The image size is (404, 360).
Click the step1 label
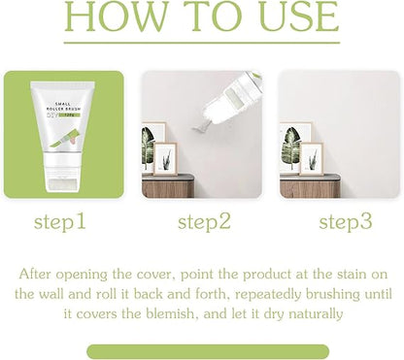point(60,222)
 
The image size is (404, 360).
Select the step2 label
point(204,222)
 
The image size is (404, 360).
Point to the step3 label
point(346,222)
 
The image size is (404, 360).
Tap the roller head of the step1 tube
point(62,183)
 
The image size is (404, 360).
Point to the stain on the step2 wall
point(201,129)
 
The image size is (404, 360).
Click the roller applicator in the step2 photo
point(232,100)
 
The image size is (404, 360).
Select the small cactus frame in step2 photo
point(165,159)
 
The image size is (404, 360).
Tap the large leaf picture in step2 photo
point(152,147)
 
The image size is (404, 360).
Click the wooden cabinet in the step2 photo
point(168,186)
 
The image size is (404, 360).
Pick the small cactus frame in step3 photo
point(312,159)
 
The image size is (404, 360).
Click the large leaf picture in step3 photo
point(294,147)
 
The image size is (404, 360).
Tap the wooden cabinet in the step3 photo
point(310,186)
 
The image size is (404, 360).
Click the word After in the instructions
point(35,274)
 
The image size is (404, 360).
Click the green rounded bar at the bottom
point(208,351)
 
